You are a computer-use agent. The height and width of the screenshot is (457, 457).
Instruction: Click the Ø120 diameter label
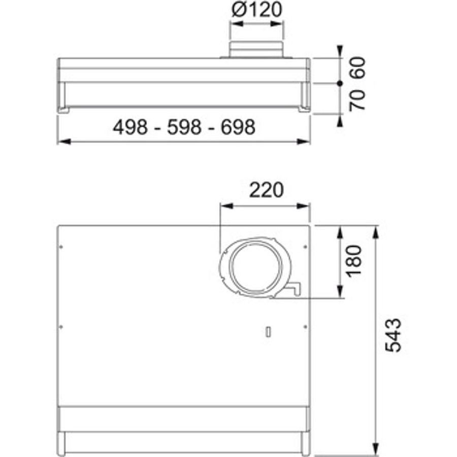(257, 9)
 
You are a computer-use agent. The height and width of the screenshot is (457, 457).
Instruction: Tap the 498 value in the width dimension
(130, 127)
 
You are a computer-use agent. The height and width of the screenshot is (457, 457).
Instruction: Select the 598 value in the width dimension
(184, 127)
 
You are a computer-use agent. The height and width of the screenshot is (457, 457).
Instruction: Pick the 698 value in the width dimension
(238, 127)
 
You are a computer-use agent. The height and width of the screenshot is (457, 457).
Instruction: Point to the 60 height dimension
(357, 68)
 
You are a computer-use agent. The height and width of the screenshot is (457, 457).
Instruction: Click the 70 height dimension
(357, 100)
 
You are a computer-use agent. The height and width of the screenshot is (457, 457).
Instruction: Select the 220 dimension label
(266, 190)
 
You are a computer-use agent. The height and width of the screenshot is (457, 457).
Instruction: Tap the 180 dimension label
(353, 261)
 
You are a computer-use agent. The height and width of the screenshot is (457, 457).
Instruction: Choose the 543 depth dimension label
(393, 335)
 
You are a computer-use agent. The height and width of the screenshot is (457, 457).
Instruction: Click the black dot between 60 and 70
(340, 83)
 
